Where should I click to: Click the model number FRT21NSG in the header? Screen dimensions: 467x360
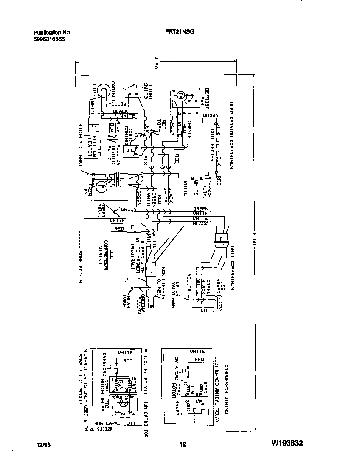[180, 32]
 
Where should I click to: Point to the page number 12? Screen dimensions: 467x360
[182, 444]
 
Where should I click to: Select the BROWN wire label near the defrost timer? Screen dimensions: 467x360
[211, 115]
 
